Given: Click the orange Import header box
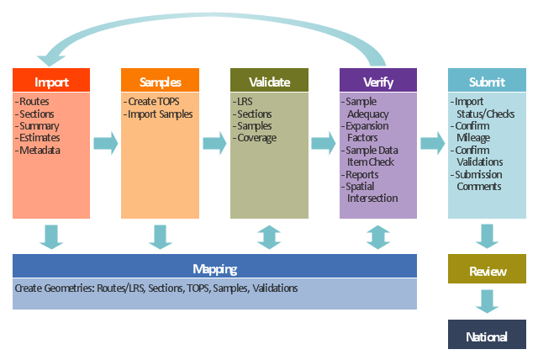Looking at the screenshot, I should (x=51, y=82).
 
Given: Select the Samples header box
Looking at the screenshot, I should (x=160, y=82).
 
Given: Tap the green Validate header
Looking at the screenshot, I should (x=269, y=82).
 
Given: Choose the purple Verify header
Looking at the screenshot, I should (x=378, y=82).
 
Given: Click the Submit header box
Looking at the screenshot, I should (x=488, y=82).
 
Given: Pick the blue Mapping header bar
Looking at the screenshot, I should (x=214, y=269).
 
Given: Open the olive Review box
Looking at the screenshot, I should (x=488, y=271).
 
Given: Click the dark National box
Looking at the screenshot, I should (x=488, y=336).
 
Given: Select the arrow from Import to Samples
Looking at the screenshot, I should (x=105, y=143).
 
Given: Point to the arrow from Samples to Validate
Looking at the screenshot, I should (x=214, y=143).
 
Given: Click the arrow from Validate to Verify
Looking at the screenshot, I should (x=324, y=143).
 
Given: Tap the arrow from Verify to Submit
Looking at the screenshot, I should (x=432, y=143).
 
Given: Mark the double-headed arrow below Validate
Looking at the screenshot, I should (x=269, y=236).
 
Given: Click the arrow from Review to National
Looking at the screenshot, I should (x=488, y=302).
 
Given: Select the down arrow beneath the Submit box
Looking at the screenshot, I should (x=488, y=236).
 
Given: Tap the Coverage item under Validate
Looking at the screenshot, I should (x=257, y=138).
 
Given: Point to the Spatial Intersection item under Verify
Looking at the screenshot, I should (x=370, y=192).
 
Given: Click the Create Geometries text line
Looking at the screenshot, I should (x=156, y=289).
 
